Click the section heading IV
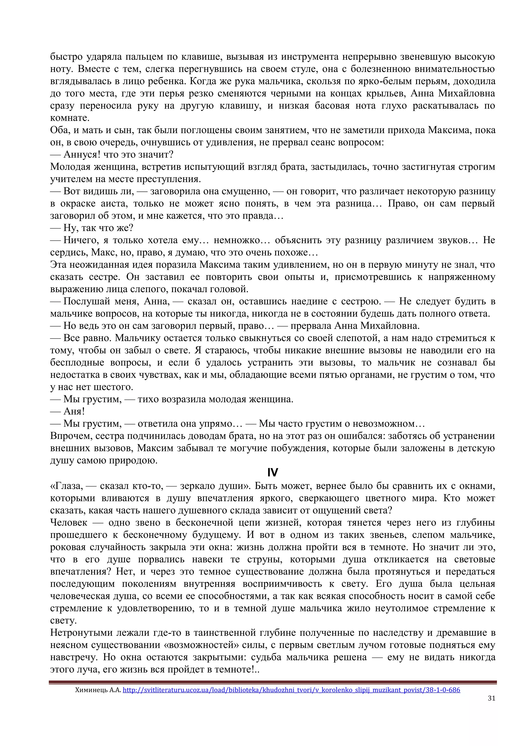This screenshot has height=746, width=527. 273,472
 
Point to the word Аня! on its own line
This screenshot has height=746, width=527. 74,411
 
